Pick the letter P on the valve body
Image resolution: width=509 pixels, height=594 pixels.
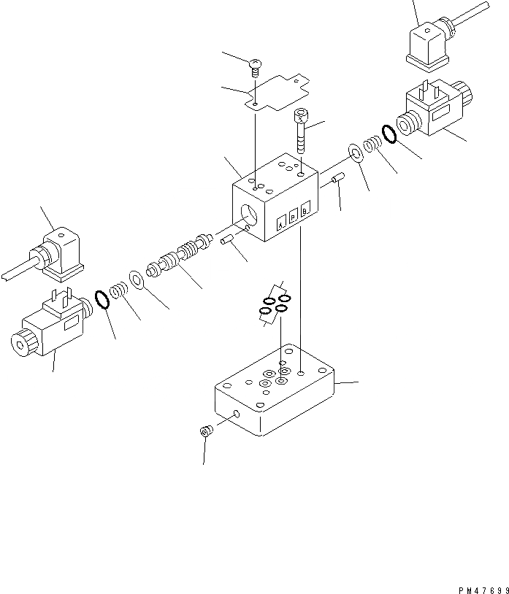[293, 217]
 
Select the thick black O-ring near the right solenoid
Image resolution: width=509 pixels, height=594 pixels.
[389, 133]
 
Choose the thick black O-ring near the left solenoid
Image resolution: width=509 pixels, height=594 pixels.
[103, 299]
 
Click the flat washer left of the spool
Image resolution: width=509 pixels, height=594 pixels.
[137, 279]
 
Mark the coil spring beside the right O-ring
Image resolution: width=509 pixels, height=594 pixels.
[373, 144]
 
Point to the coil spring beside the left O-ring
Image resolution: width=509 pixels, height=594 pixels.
[118, 290]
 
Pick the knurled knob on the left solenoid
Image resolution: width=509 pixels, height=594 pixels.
[20, 343]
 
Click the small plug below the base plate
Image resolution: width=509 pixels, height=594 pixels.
[205, 432]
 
